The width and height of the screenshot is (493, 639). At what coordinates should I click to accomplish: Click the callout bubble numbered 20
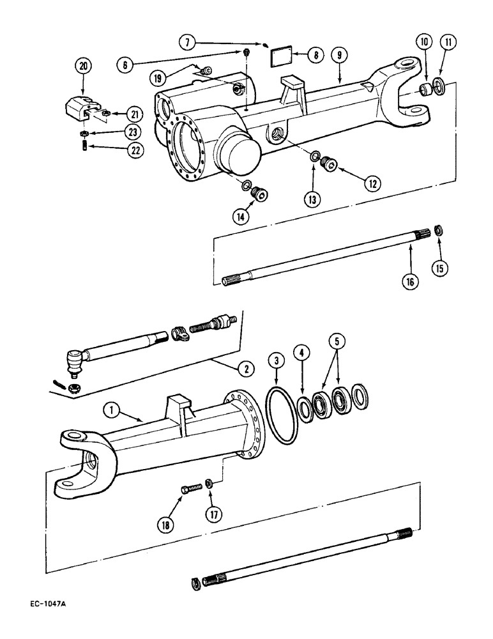[82, 65]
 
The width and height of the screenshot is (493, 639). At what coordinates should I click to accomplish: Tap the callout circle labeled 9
[340, 56]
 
